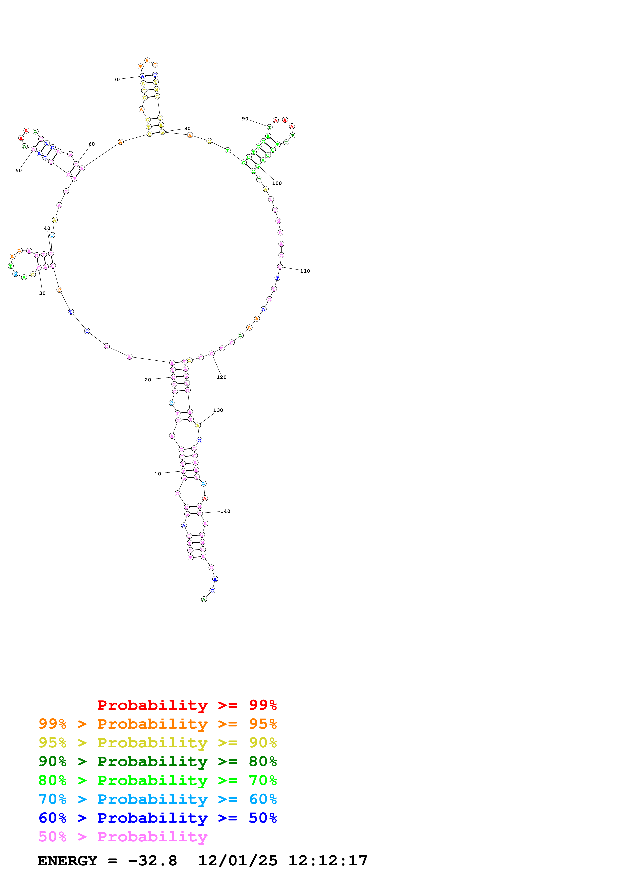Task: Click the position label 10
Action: tap(158, 474)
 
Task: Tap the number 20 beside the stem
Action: tap(148, 380)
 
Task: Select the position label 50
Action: tap(18, 171)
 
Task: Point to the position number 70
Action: tap(117, 80)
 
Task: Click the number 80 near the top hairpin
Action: tap(187, 129)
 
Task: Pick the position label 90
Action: tap(245, 119)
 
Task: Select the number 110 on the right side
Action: tap(305, 271)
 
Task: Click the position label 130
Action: tap(218, 410)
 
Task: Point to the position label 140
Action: tap(225, 511)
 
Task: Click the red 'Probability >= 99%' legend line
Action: tap(187, 705)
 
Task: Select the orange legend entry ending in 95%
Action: tap(157, 724)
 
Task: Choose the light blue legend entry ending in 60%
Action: tap(157, 799)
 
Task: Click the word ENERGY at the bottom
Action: tap(67, 861)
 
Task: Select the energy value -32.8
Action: tap(152, 861)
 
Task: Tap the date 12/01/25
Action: tap(238, 861)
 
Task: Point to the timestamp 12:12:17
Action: tap(328, 861)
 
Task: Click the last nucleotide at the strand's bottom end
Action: tap(204, 600)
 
